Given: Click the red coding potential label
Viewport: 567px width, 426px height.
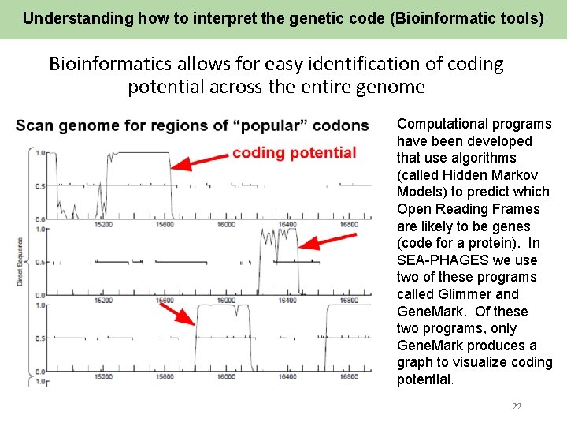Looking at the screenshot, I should click(x=294, y=152).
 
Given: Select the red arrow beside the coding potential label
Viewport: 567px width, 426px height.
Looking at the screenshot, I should click(x=199, y=160).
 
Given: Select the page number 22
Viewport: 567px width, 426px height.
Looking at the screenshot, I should click(x=517, y=406).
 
